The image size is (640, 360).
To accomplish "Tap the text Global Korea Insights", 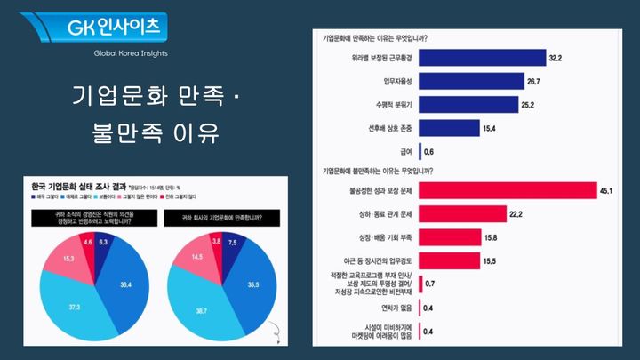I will tap(131, 53).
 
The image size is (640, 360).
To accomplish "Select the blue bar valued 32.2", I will tap(481, 58).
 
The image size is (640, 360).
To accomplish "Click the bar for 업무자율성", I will tap(470, 81).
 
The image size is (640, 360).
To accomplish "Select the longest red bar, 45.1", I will tap(506, 189).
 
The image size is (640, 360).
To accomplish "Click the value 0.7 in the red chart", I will tap(430, 284).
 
